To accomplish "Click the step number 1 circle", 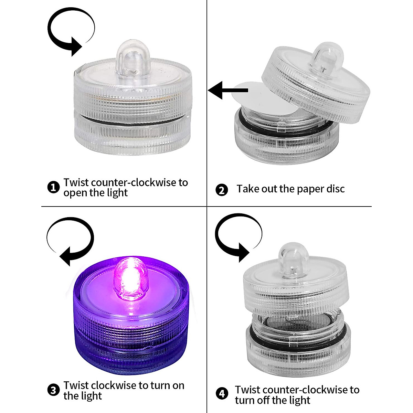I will pyautogui.click(x=53, y=188).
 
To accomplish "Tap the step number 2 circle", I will pyautogui.click(x=221, y=190).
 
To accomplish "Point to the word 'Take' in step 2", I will pyautogui.click(x=248, y=189).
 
